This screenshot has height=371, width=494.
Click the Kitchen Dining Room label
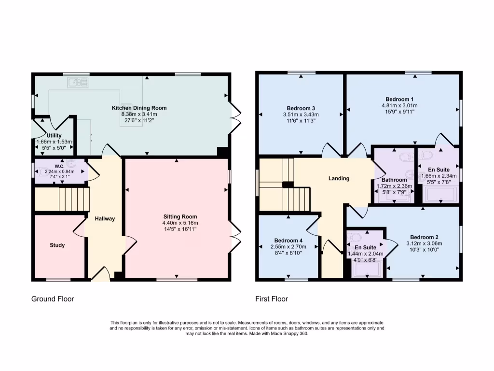point(139,108)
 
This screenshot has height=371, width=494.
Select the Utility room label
point(54,136)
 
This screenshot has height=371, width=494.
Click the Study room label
point(57,245)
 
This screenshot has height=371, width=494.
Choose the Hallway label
point(105,219)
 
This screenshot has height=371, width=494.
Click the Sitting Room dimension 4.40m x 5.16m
point(180,223)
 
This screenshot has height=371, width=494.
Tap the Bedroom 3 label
point(301,108)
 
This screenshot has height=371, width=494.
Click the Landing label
point(339,178)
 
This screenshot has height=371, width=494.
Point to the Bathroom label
point(395,180)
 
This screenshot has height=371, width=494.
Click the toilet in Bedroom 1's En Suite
point(426,155)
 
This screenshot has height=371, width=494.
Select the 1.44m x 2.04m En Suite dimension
point(365,254)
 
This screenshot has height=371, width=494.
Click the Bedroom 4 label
point(288,241)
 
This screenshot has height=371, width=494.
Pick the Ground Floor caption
point(53,299)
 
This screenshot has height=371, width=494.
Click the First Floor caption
point(272,299)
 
